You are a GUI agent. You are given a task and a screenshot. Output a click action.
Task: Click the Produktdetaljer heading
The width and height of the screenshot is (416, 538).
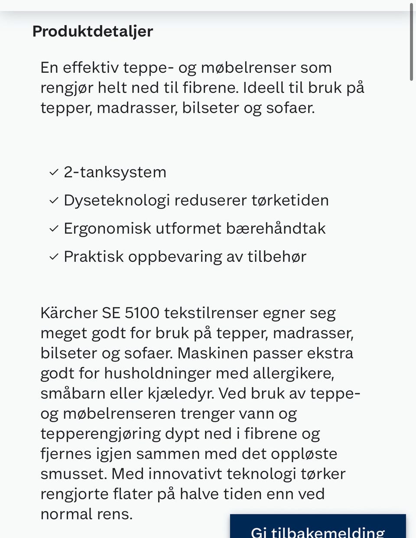pyautogui.click(x=93, y=32)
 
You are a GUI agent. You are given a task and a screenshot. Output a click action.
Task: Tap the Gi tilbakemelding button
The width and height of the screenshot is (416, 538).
pyautogui.click(x=318, y=530)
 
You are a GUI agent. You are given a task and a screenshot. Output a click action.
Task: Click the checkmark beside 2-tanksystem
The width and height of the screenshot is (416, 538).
pyautogui.click(x=54, y=173)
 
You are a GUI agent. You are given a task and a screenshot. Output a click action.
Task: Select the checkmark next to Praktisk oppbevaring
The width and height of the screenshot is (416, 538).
pyautogui.click(x=54, y=257)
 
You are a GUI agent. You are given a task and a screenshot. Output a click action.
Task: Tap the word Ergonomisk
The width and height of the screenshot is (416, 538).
pyautogui.click(x=107, y=228)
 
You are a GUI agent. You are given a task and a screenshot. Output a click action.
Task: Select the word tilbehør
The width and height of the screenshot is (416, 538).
pyautogui.click(x=277, y=257)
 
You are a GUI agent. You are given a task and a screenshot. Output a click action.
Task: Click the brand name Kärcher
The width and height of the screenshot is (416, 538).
pyautogui.click(x=69, y=313)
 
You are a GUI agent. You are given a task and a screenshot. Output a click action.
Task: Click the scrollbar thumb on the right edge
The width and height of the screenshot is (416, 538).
pyautogui.click(x=411, y=41)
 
